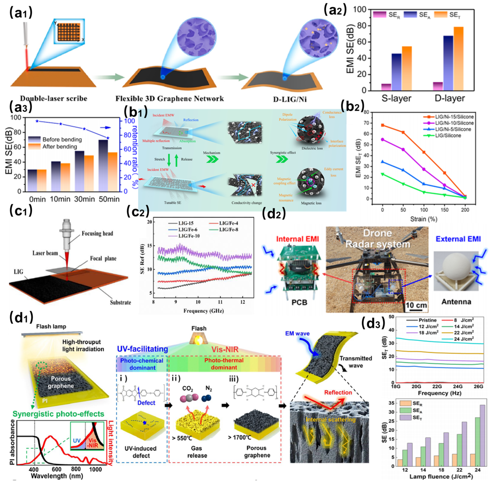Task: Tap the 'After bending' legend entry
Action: (59, 147)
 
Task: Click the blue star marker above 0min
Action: (37, 121)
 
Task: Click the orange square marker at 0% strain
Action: (382, 125)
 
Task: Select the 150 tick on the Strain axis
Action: (444, 210)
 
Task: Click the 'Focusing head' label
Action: (97, 233)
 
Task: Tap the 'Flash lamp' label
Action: (51, 326)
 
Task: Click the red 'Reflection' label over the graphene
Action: (338, 392)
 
